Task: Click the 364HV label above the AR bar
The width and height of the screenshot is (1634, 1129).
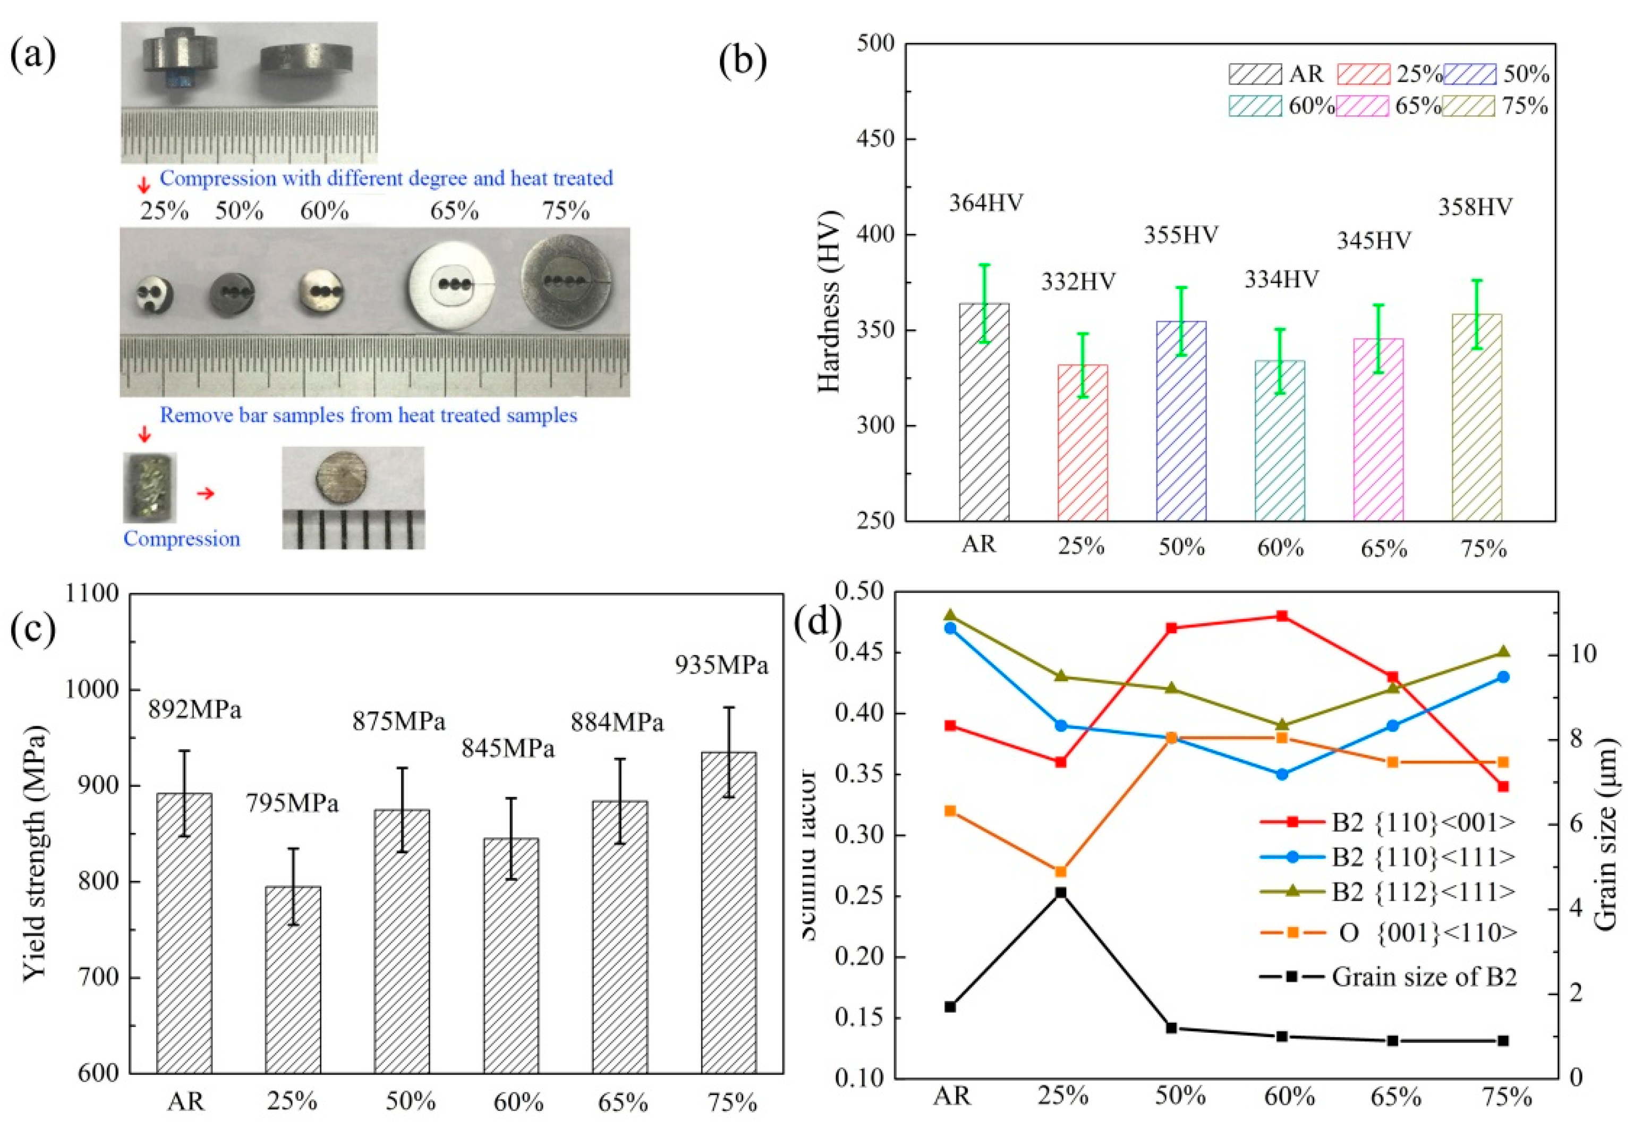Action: coord(985,203)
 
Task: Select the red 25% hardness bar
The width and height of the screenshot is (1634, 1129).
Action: coord(1082,442)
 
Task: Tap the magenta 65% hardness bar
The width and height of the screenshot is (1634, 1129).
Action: coord(1378,429)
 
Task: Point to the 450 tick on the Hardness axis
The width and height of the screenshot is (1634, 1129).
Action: coord(876,139)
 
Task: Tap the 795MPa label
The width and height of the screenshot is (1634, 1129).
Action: coord(292,804)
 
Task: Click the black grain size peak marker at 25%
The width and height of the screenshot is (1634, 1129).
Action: coord(1060,893)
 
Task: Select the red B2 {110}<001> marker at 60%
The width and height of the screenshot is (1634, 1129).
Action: coord(1281,616)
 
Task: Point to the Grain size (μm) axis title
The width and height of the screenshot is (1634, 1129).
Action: coord(1607,835)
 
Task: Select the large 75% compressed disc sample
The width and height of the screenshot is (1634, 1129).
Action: coord(567,282)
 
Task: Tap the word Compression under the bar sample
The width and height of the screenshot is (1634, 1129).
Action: coord(182,539)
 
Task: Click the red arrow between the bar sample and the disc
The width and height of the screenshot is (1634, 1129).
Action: coord(205,493)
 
